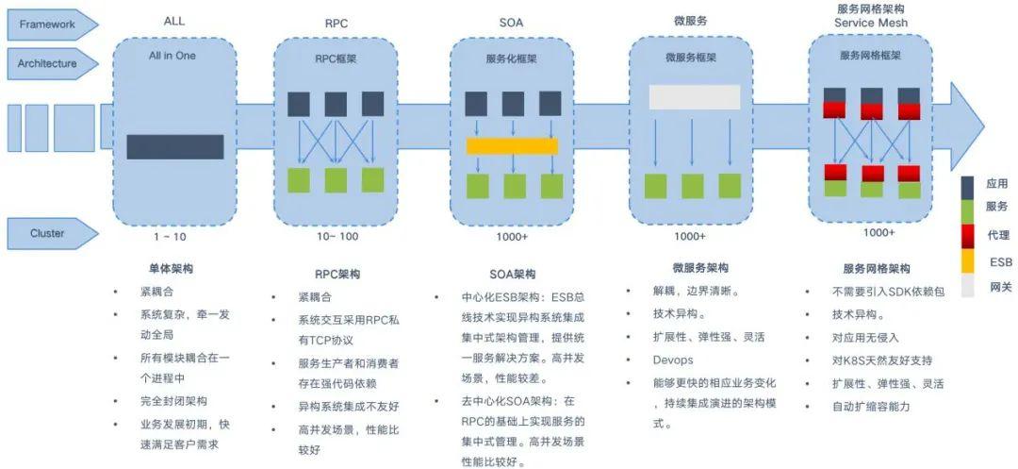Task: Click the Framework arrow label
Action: (47, 25)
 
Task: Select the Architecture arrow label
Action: (47, 63)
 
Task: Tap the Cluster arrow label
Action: (47, 233)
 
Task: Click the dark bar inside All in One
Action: (175, 147)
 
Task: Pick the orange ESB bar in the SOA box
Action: (512, 145)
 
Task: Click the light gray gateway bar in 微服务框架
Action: (695, 97)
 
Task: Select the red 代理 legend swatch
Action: (968, 235)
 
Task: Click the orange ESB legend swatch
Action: (968, 261)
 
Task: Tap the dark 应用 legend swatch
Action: (968, 184)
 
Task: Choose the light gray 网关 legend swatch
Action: (968, 286)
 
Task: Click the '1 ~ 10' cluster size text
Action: (170, 236)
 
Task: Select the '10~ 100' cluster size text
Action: (337, 236)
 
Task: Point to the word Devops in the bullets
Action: (673, 360)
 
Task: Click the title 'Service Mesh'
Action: (870, 23)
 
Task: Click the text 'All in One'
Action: (172, 56)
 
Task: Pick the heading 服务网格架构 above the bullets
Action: (877, 269)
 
